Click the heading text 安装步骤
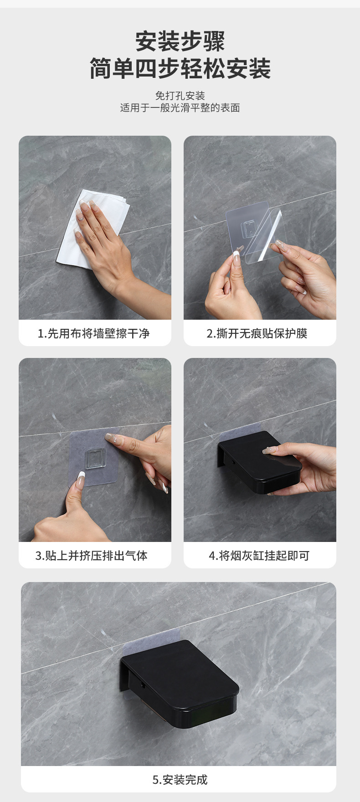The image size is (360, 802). tap(180, 41)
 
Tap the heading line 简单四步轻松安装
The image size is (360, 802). tap(180, 69)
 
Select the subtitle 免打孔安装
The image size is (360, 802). tap(180, 96)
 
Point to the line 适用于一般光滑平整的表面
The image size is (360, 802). tap(180, 108)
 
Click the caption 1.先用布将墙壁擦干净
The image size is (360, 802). tap(94, 333)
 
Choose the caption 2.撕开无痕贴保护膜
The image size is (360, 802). tap(257, 333)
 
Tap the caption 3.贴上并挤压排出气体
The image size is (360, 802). tap(92, 556)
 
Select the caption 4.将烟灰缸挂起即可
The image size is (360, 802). tap(259, 556)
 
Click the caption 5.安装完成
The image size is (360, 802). tap(180, 780)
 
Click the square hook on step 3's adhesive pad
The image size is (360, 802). tap(95, 458)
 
